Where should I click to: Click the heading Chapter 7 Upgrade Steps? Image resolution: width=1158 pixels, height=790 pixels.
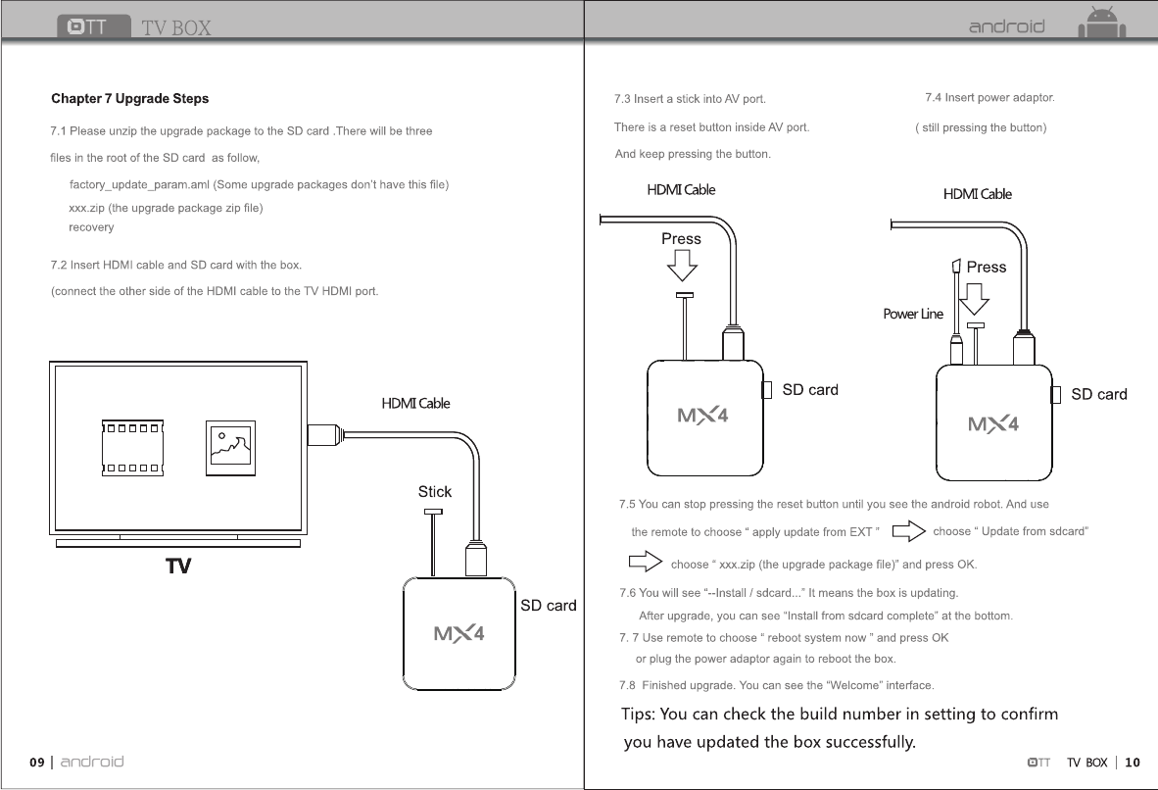click(x=129, y=99)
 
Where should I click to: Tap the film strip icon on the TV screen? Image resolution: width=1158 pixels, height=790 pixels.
click(x=132, y=447)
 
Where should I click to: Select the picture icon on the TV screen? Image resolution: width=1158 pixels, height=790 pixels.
click(x=230, y=448)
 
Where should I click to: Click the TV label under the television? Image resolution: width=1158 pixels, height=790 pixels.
click(x=177, y=567)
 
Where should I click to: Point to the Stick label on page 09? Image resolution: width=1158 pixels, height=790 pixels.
click(x=435, y=492)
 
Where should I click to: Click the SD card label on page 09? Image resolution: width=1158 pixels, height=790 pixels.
click(x=548, y=606)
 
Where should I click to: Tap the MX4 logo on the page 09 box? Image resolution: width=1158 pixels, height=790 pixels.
click(x=459, y=633)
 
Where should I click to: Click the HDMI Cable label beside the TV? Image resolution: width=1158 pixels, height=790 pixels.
click(x=415, y=404)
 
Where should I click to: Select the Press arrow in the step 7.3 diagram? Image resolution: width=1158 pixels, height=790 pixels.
click(x=681, y=264)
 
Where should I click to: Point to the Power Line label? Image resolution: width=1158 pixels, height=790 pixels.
click(x=913, y=315)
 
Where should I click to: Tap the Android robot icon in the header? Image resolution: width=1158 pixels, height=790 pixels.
click(x=1102, y=23)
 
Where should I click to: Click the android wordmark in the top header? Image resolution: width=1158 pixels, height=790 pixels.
click(x=1006, y=26)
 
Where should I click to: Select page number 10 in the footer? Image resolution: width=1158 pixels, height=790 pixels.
click(x=1133, y=763)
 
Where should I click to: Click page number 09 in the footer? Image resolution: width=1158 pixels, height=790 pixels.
click(x=37, y=763)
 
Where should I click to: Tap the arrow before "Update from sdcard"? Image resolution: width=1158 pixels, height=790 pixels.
click(x=910, y=532)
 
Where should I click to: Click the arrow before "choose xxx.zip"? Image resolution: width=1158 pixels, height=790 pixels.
click(x=645, y=564)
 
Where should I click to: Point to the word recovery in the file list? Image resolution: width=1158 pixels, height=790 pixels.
click(x=91, y=227)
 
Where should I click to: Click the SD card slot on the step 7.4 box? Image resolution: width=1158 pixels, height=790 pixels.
click(x=1056, y=395)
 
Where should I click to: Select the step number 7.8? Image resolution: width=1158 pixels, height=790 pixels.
click(x=628, y=685)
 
